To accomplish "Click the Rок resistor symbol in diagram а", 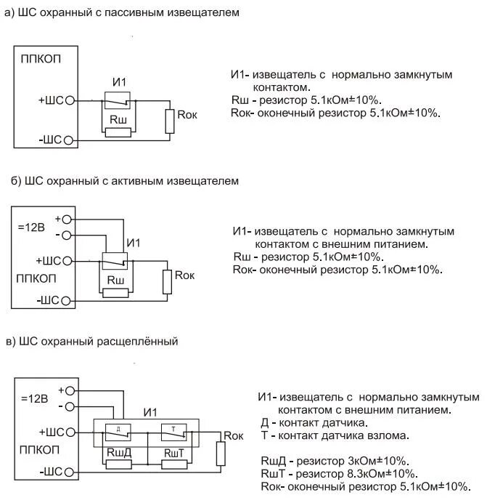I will [x=170, y=121].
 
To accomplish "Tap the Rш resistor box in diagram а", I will [x=118, y=132].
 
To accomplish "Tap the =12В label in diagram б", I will [x=30, y=227].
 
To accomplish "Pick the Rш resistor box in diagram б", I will [x=115, y=293].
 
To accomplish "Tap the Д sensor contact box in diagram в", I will [x=118, y=430].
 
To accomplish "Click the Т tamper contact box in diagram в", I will [x=174, y=430].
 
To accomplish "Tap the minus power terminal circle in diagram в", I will [x=70, y=406].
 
